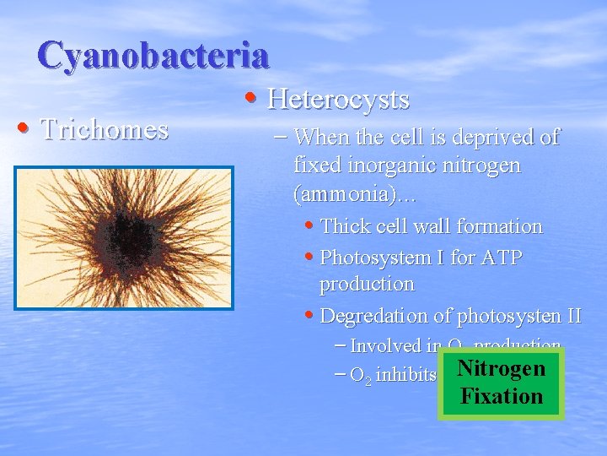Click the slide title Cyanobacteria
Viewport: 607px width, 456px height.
(x=153, y=55)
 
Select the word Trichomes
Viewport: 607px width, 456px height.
(x=105, y=129)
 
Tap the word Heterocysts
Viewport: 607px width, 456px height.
(x=338, y=100)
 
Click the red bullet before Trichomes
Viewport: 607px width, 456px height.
(x=24, y=129)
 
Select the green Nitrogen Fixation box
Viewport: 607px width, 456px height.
(x=501, y=383)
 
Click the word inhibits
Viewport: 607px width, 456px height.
(x=406, y=375)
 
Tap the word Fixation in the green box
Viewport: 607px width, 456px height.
(x=501, y=396)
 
